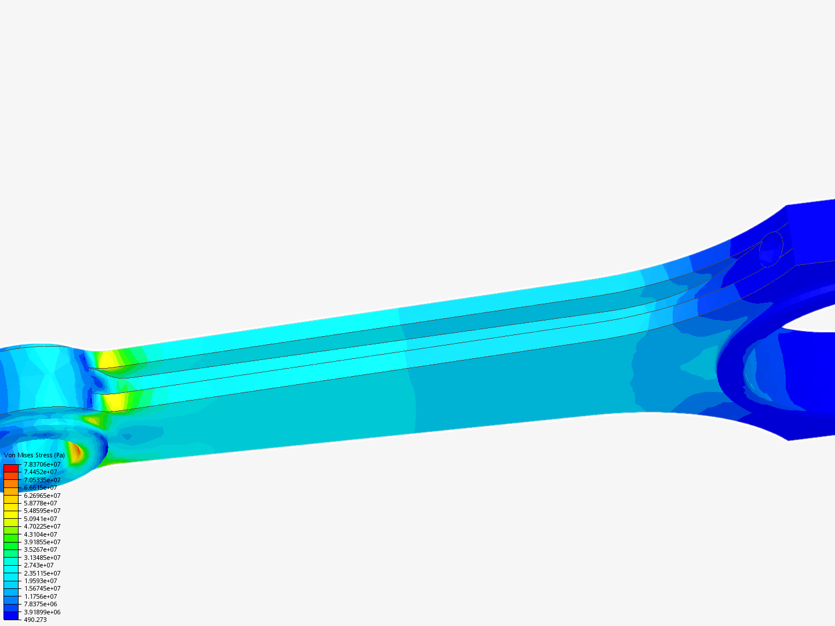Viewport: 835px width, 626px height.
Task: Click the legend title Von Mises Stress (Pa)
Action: pos(34,456)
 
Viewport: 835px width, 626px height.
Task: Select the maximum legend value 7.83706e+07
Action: pos(42,464)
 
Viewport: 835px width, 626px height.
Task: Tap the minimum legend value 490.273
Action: pos(35,620)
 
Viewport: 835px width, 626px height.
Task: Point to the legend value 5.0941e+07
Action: pos(41,519)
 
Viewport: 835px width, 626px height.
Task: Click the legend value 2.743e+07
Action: pos(39,565)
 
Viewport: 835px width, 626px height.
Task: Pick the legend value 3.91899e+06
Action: pos(42,612)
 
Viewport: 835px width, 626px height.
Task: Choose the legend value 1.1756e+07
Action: pos(41,596)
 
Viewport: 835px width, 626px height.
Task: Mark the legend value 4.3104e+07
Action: pos(41,534)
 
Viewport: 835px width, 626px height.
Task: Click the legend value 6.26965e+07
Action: pos(42,496)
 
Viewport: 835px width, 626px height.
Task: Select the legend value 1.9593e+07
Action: pos(41,581)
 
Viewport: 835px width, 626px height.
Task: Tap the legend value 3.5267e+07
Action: pos(41,549)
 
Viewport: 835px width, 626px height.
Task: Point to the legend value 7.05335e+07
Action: pos(42,480)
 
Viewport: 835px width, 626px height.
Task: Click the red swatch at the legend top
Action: pos(11,468)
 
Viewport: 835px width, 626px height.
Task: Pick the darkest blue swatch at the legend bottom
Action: pos(11,616)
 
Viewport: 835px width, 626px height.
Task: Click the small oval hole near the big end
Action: pos(771,249)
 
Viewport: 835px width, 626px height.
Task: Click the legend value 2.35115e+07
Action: pos(42,573)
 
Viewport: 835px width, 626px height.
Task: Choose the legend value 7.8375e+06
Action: pos(41,604)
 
